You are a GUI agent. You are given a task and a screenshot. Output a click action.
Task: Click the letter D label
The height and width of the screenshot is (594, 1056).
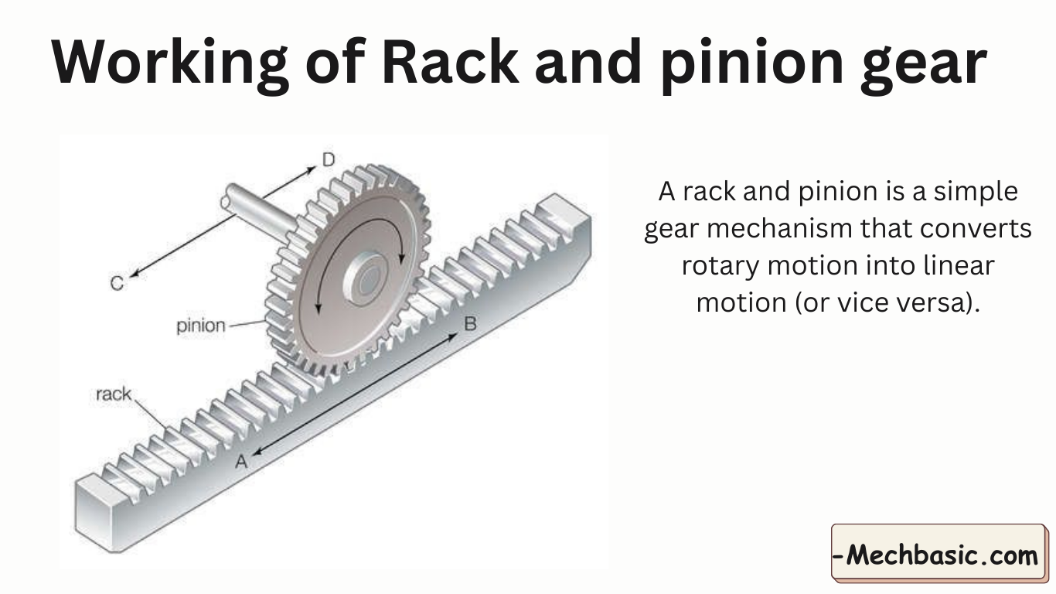329,160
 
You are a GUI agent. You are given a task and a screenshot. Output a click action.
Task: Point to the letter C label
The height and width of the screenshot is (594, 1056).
117,284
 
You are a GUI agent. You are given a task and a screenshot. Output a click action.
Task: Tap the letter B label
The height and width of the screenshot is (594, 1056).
469,324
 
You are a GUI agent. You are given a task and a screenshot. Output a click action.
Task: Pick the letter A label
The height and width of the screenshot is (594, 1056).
241,462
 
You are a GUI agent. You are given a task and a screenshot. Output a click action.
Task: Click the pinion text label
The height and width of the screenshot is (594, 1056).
200,326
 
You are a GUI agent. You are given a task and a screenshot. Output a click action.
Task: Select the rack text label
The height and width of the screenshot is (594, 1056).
113,394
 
